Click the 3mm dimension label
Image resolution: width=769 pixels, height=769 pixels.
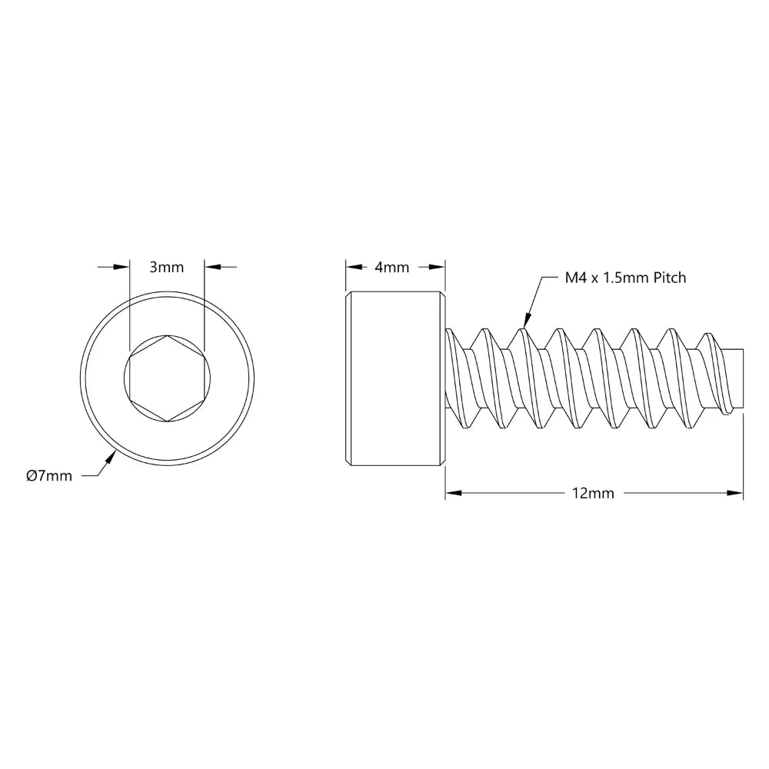click(x=166, y=268)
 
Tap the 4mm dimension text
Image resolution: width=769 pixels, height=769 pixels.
click(x=391, y=268)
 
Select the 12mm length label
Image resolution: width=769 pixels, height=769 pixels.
click(x=594, y=494)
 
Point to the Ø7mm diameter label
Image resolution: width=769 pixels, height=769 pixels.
click(x=48, y=476)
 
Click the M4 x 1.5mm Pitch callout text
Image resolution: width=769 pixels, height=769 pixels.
click(x=625, y=278)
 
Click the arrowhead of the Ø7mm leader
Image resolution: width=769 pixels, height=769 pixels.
click(x=112, y=458)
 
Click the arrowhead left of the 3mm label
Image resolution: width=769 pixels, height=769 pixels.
click(x=121, y=267)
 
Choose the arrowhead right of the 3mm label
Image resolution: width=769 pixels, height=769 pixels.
click(x=212, y=267)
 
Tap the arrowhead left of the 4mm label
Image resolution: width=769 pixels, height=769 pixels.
click(x=353, y=267)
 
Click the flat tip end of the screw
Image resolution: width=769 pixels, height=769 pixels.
click(x=744, y=379)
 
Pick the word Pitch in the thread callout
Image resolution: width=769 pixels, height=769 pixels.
click(x=669, y=278)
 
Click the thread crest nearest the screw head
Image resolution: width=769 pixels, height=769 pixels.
click(x=483, y=332)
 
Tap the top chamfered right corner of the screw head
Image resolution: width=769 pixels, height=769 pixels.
click(x=443, y=295)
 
